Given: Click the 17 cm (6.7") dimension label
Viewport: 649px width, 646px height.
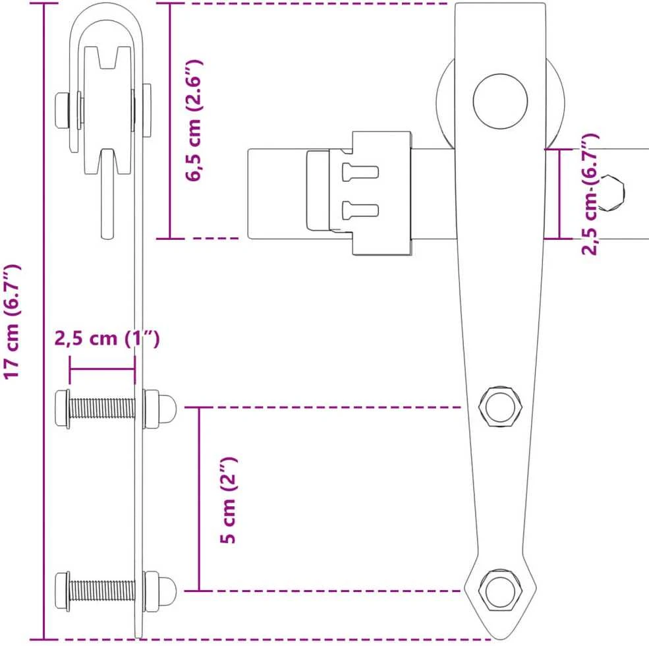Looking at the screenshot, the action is tap(12, 321).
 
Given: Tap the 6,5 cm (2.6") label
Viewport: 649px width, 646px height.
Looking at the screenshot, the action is tap(194, 121).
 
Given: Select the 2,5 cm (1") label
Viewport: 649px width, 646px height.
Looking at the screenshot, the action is tap(107, 339).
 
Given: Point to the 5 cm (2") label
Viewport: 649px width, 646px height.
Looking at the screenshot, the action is tap(228, 500).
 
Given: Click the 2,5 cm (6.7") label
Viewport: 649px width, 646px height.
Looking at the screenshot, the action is tap(590, 194).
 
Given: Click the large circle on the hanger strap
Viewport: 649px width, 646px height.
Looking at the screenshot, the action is tap(500, 102).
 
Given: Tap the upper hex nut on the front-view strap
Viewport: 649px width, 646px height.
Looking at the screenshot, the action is tap(500, 407).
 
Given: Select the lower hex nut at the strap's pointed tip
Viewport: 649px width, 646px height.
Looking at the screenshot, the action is tap(500, 591).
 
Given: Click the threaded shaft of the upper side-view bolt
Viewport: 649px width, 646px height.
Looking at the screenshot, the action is tap(102, 408).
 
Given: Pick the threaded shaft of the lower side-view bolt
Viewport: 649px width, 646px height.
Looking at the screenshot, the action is tap(102, 591).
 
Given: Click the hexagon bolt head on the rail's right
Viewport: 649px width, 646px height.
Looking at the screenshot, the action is tap(611, 193).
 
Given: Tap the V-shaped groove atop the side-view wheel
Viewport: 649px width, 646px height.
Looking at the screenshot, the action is tap(107, 57).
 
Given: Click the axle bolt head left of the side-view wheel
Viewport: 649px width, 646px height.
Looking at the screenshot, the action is tap(62, 111).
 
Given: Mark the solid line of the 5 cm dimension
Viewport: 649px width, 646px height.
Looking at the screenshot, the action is tap(199, 499).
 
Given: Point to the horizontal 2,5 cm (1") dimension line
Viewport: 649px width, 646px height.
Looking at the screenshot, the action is tap(102, 369).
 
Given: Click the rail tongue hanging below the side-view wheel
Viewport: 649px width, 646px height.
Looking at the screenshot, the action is tap(107, 194).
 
